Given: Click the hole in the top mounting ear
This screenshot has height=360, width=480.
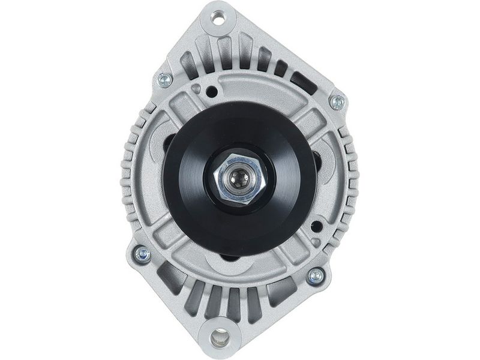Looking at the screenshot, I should click(x=218, y=19).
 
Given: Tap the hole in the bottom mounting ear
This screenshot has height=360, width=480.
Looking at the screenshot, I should click(x=220, y=338).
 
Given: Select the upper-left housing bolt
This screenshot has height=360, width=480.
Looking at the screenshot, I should click(x=164, y=80).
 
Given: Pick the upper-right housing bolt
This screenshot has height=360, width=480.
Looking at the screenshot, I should click(x=338, y=101).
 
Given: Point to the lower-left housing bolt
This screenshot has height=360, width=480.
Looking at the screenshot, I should click(x=142, y=254).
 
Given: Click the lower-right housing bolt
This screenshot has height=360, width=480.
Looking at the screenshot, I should click(x=316, y=275).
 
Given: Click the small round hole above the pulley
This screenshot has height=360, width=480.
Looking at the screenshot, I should click(x=212, y=92).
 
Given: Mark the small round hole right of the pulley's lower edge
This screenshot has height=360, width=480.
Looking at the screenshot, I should click(x=316, y=226).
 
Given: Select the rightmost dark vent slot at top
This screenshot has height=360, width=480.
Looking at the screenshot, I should click(x=303, y=83).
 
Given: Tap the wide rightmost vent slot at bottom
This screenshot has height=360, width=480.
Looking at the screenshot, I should click(x=282, y=292).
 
